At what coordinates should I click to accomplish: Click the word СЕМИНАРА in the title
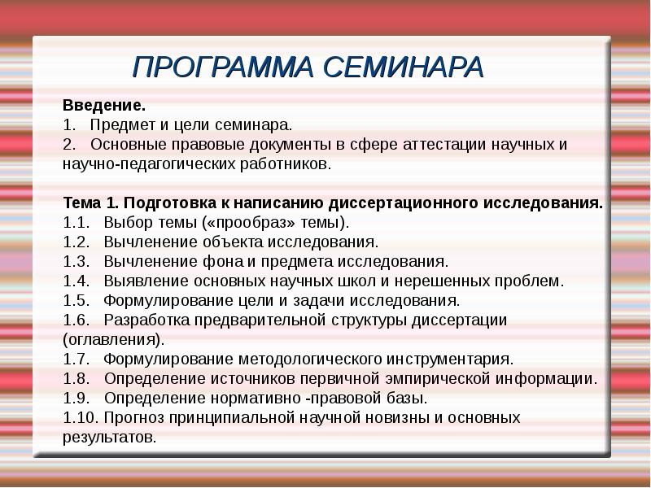click(x=403, y=68)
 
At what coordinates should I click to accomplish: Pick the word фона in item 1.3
click(x=214, y=262)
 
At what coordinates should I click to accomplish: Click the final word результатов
click(x=108, y=437)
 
